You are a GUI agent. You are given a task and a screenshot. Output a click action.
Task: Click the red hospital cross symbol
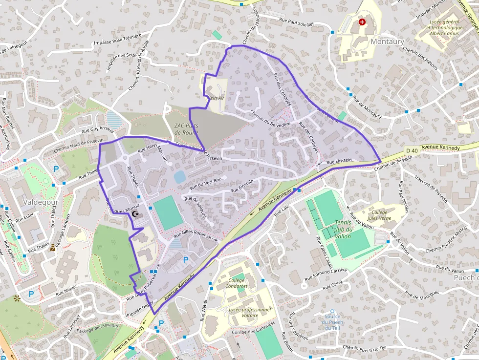pyautogui.click(x=362, y=22)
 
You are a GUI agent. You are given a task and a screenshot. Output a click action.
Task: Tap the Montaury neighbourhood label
pyautogui.click(x=387, y=42)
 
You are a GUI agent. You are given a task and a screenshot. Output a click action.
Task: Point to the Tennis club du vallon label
pyautogui.click(x=344, y=229)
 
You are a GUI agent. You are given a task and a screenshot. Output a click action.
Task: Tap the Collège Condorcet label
pyautogui.click(x=238, y=283)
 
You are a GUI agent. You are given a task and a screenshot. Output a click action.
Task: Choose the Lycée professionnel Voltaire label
pyautogui.click(x=250, y=313)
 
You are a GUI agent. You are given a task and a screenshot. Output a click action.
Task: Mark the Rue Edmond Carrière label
pyautogui.click(x=326, y=275)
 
